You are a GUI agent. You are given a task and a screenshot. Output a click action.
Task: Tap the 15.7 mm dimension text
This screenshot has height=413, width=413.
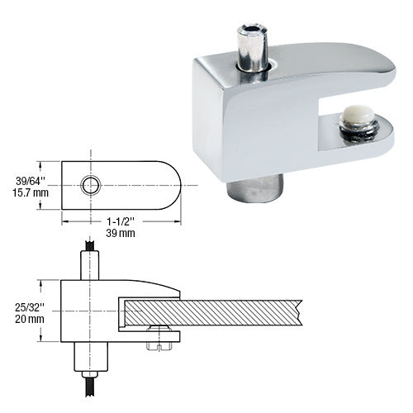point(26,192)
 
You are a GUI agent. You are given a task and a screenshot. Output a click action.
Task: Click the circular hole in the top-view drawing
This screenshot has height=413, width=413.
point(90,184)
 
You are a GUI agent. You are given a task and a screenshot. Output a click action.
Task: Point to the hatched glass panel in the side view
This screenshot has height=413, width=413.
point(215,312)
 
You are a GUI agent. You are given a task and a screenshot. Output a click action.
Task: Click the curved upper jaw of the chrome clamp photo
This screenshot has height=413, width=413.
point(330,70)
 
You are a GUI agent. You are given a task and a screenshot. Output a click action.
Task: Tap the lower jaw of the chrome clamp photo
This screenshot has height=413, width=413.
point(363,149)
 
